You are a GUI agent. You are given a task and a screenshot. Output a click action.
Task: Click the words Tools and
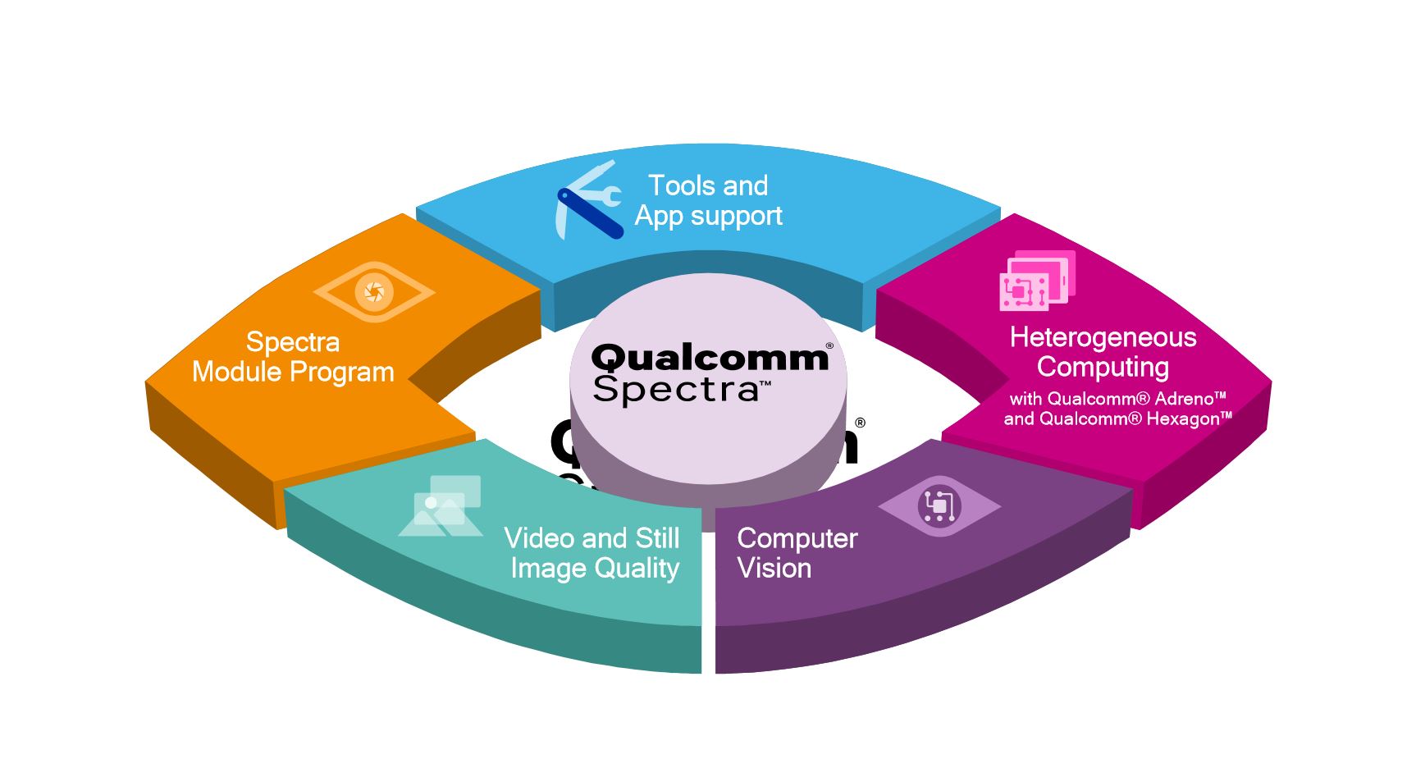tap(708, 185)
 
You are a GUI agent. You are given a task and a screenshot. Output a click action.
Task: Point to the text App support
tap(708, 216)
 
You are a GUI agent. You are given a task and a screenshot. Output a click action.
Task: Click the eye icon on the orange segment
tap(374, 291)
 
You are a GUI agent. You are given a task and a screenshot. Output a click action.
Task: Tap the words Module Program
tap(293, 372)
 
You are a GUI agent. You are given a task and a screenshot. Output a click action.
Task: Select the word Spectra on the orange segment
tap(292, 341)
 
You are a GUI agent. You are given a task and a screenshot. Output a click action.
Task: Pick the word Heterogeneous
tap(1103, 337)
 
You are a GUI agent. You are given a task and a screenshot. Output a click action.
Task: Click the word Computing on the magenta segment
tap(1103, 367)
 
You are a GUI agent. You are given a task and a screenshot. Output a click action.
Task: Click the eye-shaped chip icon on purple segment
tap(939, 505)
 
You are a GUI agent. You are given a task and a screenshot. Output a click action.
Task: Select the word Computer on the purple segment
tap(797, 538)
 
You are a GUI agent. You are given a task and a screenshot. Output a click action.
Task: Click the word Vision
tap(774, 568)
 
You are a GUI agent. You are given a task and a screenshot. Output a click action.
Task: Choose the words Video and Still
tap(592, 538)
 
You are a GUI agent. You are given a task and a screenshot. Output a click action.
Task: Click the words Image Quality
tap(595, 568)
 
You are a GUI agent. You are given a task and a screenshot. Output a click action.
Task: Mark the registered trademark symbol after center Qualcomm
tap(829, 346)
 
